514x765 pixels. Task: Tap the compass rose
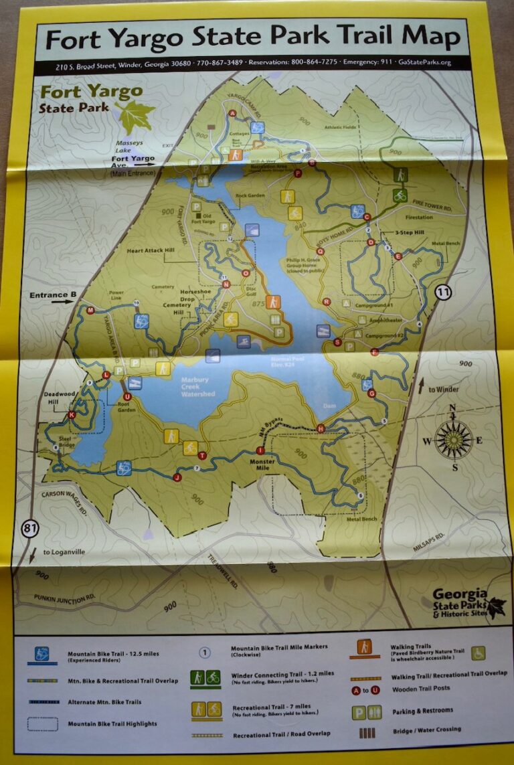pyautogui.click(x=454, y=440)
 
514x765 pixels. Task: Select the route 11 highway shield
pyautogui.click(x=442, y=292)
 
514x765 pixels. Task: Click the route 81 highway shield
pyautogui.click(x=31, y=529)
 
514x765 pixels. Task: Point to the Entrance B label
pyautogui.click(x=49, y=295)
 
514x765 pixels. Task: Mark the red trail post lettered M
pyautogui.click(x=89, y=311)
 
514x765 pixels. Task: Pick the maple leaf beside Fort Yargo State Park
pyautogui.click(x=135, y=112)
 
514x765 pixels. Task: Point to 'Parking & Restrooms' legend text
pyautogui.click(x=420, y=710)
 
